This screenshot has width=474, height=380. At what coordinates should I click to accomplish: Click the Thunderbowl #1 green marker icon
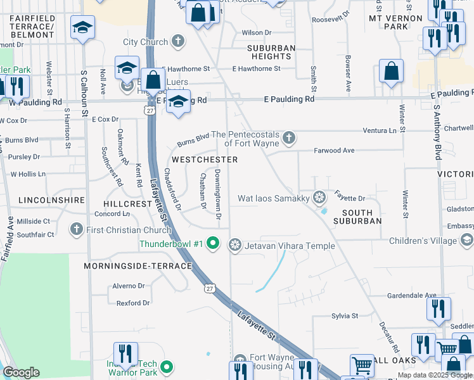(214, 243)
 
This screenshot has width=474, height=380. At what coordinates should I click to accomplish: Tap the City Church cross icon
(179, 42)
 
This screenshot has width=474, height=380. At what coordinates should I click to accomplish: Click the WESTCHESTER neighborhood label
(205, 160)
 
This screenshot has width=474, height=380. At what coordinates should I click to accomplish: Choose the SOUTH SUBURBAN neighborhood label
(352, 216)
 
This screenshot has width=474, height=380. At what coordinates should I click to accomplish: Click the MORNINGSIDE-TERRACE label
(138, 267)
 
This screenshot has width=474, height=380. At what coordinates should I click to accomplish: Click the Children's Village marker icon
(467, 241)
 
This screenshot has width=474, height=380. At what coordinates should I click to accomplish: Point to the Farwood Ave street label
(334, 151)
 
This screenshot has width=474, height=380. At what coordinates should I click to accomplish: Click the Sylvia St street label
(345, 315)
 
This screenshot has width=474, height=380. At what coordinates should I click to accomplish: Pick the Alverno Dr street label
(129, 286)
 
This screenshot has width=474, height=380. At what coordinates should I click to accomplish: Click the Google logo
(22, 372)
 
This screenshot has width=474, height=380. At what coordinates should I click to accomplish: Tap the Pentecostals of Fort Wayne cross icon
(290, 136)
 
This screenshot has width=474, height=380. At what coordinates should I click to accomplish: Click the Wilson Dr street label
(256, 32)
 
